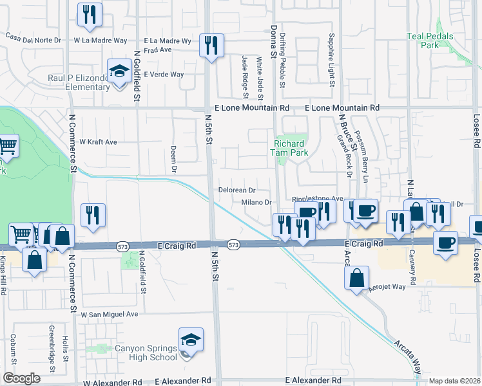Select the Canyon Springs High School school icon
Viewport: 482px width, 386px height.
pyautogui.click(x=191, y=341)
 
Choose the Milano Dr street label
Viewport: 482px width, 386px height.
pyautogui.click(x=256, y=203)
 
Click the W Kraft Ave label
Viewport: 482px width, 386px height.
pyautogui.click(x=98, y=142)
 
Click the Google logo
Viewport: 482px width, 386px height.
pyautogui.click(x=21, y=378)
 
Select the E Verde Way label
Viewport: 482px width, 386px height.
pyautogui.click(x=164, y=75)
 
